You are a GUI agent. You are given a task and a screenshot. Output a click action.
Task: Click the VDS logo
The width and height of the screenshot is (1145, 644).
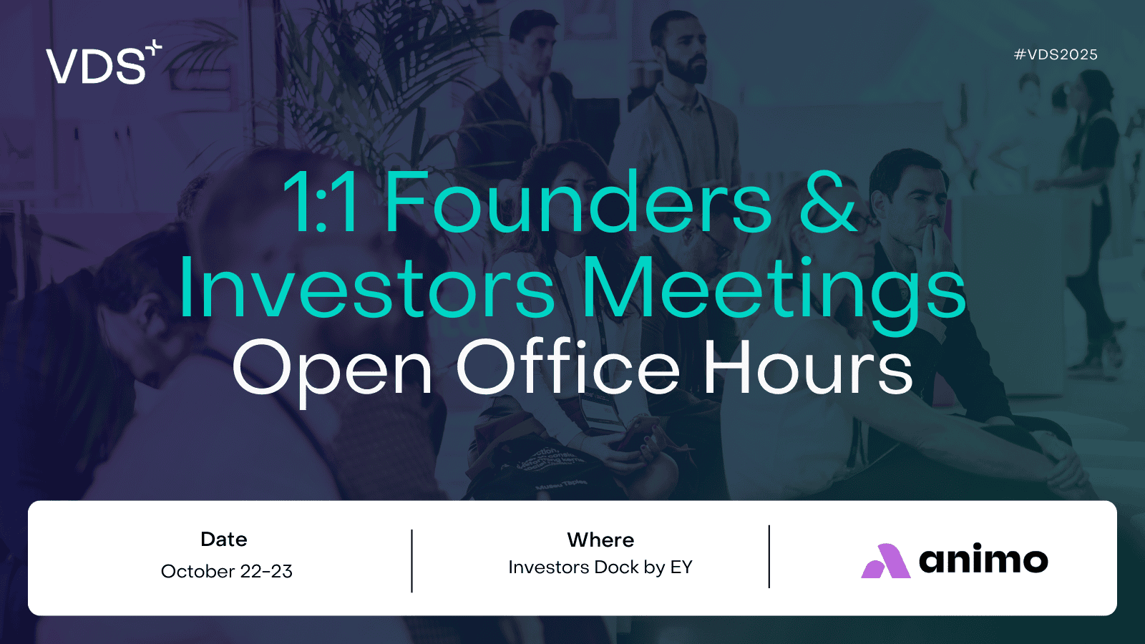[104, 62]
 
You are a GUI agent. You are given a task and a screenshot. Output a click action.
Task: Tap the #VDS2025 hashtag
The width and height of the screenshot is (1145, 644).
[1056, 54]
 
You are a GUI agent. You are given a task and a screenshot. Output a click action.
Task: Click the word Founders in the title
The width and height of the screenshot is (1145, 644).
[578, 201]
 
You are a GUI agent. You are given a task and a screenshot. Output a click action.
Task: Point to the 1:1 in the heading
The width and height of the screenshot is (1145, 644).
[320, 201]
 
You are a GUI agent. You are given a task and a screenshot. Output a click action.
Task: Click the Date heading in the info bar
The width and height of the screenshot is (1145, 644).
[224, 540]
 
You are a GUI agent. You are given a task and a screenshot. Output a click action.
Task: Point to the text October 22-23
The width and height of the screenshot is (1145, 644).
[226, 571]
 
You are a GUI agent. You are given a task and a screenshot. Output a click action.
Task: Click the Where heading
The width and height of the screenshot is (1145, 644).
[600, 540]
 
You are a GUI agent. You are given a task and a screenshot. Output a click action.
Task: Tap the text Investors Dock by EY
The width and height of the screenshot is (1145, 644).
[600, 567]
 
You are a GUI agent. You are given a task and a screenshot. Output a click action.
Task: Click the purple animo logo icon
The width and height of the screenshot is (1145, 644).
[885, 561]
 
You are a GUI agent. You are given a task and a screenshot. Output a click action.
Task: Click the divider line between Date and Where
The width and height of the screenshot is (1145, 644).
[411, 561]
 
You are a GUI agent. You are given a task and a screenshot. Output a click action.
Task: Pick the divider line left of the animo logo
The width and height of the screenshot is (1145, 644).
[769, 557]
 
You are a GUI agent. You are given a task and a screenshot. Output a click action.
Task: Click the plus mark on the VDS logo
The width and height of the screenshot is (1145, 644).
[154, 47]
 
